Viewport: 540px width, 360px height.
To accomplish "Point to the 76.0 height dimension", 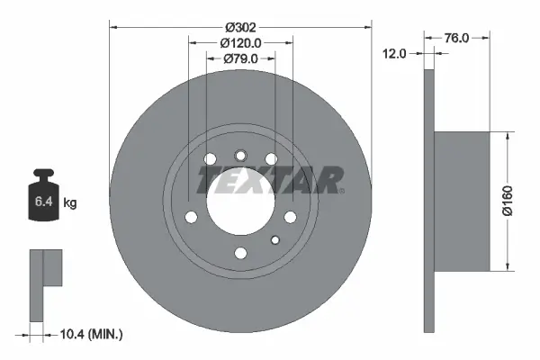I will click(x=458, y=38).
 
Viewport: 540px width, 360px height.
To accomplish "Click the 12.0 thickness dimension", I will click(x=396, y=54).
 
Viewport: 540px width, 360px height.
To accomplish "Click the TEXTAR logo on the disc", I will click(x=269, y=181).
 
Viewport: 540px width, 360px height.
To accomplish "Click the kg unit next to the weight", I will click(x=70, y=203).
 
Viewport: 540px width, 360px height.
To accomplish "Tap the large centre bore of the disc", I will click(x=239, y=202).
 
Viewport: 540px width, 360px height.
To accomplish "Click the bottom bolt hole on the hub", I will click(x=239, y=253).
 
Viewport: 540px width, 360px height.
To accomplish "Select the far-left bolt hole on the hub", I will click(x=191, y=216).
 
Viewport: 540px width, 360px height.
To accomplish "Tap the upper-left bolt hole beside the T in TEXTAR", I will click(x=211, y=160).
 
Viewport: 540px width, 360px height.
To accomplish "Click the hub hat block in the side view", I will click(x=463, y=201).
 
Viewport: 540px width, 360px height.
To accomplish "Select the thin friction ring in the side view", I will click(x=428, y=201).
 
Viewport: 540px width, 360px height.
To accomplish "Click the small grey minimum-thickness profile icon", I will click(x=45, y=283).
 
